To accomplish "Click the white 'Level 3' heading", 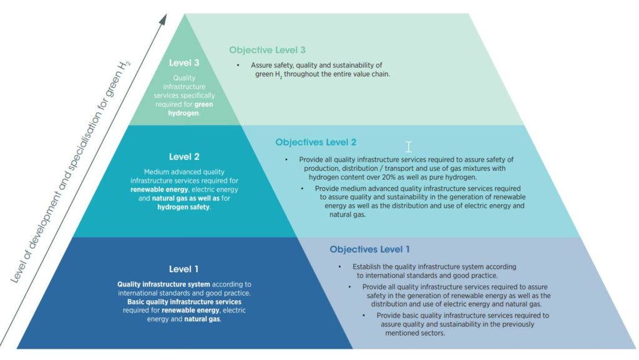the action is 184,63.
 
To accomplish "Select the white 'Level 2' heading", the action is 184,157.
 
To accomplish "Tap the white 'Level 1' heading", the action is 184,269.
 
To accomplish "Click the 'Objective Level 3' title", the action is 267,50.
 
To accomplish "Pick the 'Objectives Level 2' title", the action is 316,142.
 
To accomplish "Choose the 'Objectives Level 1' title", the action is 369,249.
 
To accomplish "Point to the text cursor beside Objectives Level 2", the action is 408,147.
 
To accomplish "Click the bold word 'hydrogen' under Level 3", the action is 183,113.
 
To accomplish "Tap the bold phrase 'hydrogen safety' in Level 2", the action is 183,207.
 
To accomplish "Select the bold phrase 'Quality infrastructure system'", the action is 164,285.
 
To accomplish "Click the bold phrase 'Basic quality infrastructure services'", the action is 184,302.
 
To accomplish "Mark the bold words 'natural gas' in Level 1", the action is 202,319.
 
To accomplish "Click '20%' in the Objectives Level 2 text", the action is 389,177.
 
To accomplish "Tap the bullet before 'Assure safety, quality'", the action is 238,65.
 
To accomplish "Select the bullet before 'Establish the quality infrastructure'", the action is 339,267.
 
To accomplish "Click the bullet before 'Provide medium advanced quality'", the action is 302,188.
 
